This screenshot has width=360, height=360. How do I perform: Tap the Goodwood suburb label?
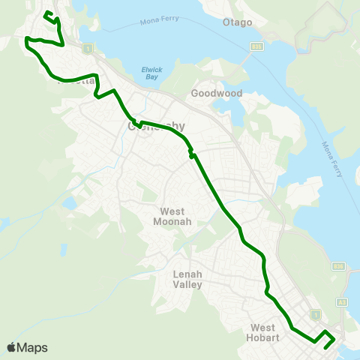click(214, 94)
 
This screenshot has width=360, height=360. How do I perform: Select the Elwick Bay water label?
click(151, 73)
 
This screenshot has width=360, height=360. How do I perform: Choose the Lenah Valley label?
click(188, 279)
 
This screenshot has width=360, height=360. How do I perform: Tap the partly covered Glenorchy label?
click(157, 127)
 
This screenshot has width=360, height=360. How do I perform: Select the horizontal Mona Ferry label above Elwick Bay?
click(161, 22)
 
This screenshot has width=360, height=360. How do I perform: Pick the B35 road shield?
click(256, 46)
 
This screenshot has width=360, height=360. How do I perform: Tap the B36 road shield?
click(338, 266)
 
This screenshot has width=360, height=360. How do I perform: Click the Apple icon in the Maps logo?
click(12, 347)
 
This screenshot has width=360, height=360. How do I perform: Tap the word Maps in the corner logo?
click(33, 348)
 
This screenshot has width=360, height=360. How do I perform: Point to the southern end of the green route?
click(325, 347)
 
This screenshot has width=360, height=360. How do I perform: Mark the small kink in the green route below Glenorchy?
click(192, 154)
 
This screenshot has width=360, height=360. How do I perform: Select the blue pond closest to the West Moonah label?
click(70, 203)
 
